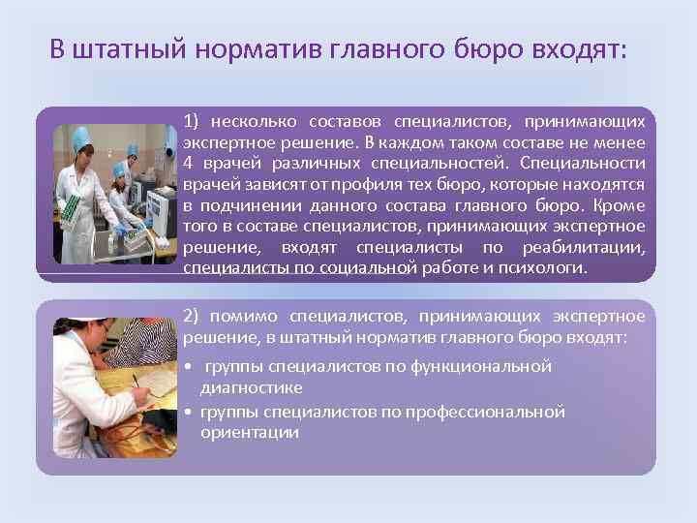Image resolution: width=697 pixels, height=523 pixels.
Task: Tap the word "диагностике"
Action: pos(251,386)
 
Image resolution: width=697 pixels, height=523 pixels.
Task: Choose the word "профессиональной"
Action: pos(499,412)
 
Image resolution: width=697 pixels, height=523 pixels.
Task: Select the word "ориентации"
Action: pos(250,432)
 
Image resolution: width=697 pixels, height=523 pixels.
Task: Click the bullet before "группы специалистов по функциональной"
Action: pos(187,367)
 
